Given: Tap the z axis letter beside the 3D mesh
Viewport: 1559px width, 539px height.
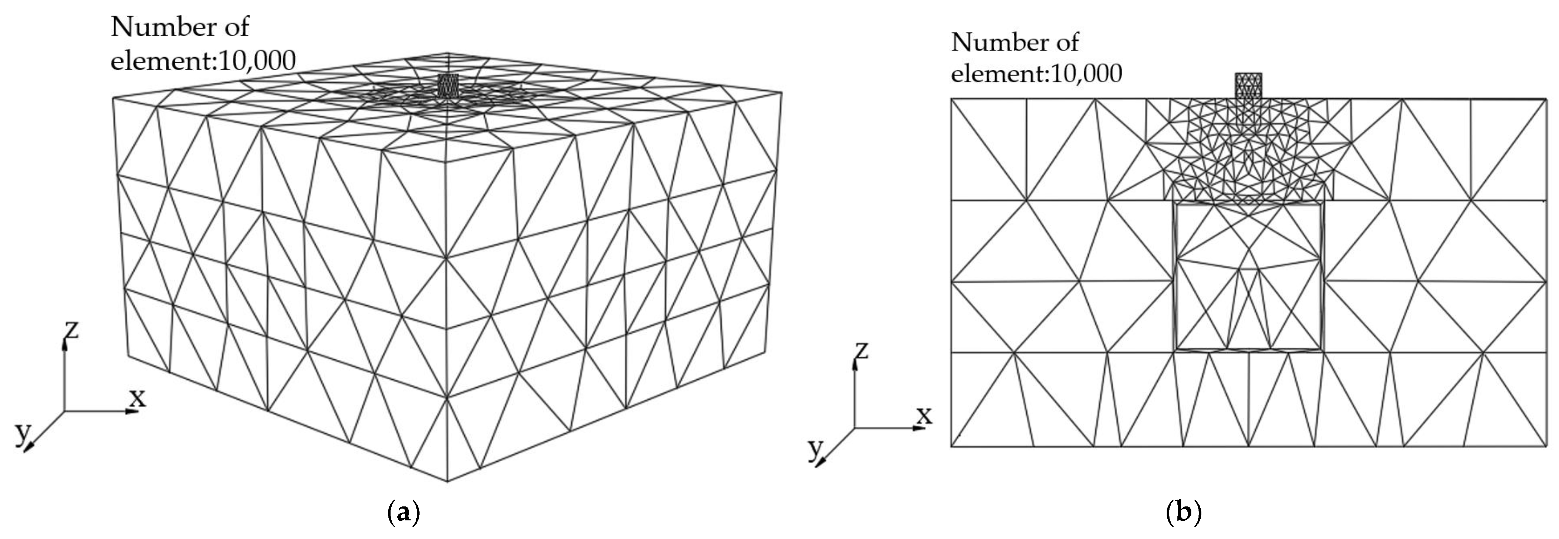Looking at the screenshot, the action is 72,330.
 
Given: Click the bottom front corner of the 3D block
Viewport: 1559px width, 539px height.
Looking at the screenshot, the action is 447,481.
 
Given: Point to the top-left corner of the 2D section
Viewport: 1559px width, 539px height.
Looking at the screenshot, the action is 952,99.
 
